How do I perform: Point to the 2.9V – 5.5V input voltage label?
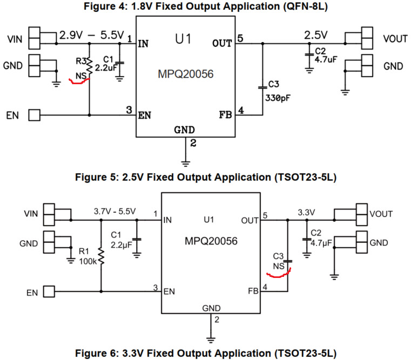(92, 36)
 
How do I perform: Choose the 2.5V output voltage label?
(316, 36)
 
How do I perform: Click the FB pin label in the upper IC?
(226, 115)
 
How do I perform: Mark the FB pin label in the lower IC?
(253, 291)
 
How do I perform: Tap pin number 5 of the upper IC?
(240, 38)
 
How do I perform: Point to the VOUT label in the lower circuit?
(381, 214)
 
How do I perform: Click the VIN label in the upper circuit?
(15, 39)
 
